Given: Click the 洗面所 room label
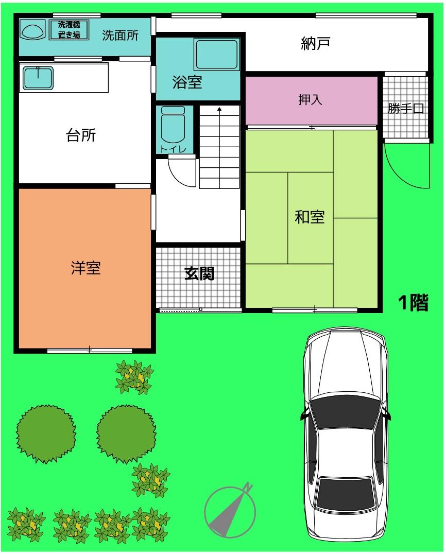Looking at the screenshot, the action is [x=121, y=36].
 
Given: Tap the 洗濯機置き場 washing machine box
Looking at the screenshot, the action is [x=68, y=30].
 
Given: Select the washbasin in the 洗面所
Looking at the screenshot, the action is [x=32, y=29].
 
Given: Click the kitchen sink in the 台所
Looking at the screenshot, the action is [x=38, y=78].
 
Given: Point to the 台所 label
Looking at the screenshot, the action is [x=81, y=135].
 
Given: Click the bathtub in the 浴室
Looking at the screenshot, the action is [x=217, y=55].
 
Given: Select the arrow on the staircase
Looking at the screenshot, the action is [x=219, y=147].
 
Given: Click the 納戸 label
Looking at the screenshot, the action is [x=315, y=43].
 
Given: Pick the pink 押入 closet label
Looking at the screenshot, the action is [x=310, y=100].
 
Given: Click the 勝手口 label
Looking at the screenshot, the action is [x=406, y=108].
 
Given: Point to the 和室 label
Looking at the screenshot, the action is [x=310, y=217].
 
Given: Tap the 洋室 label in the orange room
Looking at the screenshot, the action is [x=86, y=268].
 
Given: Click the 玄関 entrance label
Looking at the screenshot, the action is [x=199, y=273].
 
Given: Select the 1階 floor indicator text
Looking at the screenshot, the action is [x=413, y=303].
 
